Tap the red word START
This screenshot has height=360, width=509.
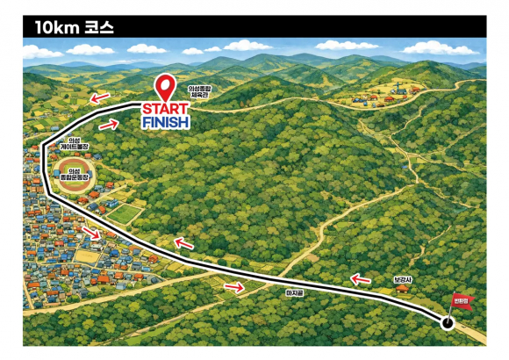(x=165, y=109)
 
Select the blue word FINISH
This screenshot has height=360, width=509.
(x=165, y=122)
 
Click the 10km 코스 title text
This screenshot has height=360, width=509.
(x=68, y=27)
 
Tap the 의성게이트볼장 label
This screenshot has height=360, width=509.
(x=68, y=145)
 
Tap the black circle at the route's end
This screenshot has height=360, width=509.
(x=448, y=323)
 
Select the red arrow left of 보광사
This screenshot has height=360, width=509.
(x=360, y=280)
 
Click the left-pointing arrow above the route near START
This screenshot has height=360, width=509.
(x=102, y=97)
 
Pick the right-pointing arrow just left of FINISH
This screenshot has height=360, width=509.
(x=108, y=125)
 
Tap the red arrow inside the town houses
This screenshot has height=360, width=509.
(x=91, y=233)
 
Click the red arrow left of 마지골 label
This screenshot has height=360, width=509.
(x=234, y=285)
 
